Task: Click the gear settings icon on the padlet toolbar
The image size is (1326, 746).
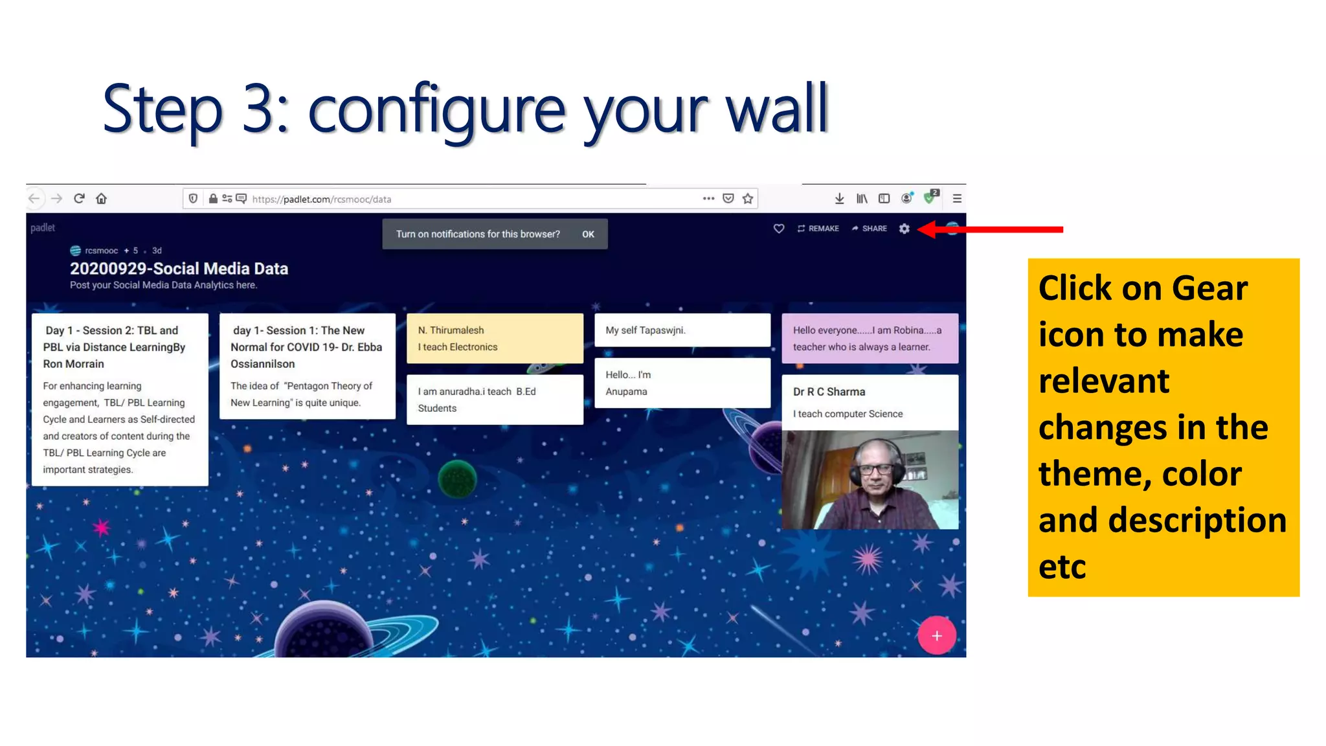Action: click(904, 229)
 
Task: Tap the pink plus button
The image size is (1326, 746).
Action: click(936, 636)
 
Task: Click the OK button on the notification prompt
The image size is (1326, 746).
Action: click(588, 234)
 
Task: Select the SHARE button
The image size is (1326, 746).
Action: click(870, 229)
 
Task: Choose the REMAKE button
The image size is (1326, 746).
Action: click(818, 229)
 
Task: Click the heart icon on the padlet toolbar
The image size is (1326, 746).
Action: click(779, 229)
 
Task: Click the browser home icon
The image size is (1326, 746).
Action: click(102, 199)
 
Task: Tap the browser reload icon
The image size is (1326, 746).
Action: click(79, 199)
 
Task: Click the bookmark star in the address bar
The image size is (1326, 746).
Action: click(748, 199)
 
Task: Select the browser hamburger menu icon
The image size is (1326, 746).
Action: click(957, 199)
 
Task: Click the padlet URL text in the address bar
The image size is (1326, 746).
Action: click(322, 199)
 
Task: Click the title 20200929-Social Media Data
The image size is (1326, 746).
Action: click(179, 269)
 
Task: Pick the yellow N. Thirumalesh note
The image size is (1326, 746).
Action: click(495, 338)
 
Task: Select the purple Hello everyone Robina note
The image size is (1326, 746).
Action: click(870, 338)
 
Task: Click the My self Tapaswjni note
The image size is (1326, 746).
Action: click(682, 330)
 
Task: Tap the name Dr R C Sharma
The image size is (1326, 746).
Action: click(829, 392)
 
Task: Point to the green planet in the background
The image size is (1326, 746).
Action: click(457, 479)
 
